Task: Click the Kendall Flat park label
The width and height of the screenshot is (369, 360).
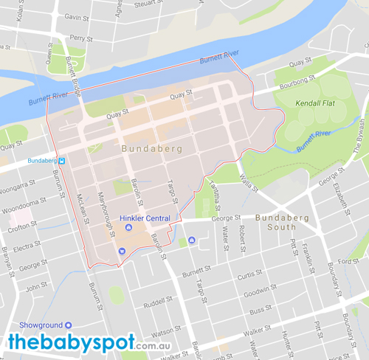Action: pos(315,103)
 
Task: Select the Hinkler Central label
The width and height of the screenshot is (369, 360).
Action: pos(146,218)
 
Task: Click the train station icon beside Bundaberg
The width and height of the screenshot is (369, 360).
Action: pos(63,160)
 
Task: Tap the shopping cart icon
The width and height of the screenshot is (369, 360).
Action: pos(122,251)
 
